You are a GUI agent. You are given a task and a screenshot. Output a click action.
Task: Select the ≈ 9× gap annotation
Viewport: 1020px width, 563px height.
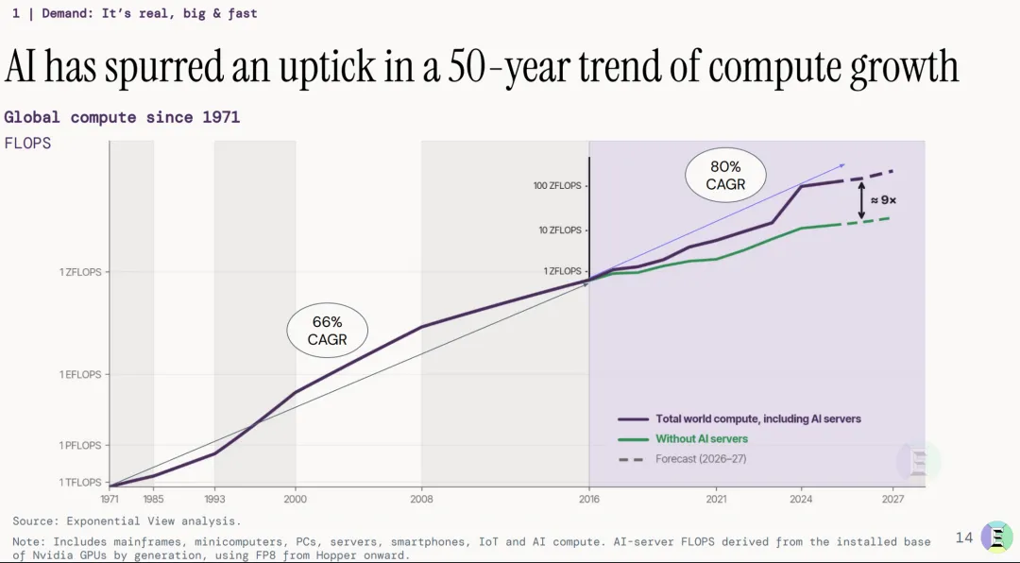883,200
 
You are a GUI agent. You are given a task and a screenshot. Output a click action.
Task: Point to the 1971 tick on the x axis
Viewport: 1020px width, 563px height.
110,499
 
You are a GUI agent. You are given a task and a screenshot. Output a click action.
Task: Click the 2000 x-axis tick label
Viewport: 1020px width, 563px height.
296,499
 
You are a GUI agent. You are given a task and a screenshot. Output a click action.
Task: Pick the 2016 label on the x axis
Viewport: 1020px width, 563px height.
589,499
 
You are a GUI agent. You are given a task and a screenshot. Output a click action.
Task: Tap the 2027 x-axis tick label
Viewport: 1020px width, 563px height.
893,499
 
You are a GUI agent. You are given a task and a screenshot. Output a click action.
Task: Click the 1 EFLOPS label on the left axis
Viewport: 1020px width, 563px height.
80,374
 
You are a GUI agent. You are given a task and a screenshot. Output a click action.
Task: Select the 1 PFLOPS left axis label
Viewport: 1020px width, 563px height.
80,445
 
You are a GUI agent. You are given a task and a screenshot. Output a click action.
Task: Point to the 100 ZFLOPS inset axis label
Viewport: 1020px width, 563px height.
557,185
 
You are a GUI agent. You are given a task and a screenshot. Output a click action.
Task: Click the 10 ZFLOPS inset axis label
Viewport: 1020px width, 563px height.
560,230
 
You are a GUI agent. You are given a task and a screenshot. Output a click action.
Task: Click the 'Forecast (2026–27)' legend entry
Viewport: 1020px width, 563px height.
682,459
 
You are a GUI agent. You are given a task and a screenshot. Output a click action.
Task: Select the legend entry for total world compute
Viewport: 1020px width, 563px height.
739,419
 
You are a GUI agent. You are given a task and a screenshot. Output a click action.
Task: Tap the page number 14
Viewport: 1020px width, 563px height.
964,537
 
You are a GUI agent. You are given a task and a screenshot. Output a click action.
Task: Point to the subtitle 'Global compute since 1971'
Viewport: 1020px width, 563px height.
122,117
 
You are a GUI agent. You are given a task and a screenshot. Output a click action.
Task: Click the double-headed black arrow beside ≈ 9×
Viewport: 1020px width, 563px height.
861,200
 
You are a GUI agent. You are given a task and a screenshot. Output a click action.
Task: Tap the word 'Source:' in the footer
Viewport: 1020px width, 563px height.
37,520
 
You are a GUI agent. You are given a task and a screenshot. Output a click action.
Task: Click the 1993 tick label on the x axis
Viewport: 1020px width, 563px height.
214,499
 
